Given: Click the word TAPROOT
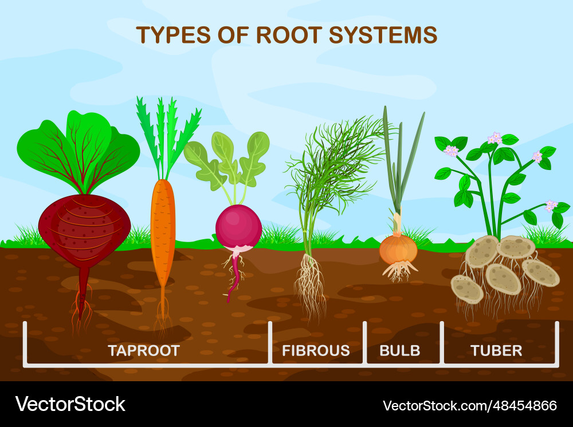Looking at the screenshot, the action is click(x=144, y=351).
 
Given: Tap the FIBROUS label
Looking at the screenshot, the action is click(x=316, y=351).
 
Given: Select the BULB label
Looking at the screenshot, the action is click(x=400, y=351).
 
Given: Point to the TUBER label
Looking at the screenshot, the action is click(x=496, y=351).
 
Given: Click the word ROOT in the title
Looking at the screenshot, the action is click(x=289, y=35).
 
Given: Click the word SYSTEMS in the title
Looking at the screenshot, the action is click(x=383, y=35).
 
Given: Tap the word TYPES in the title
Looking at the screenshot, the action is click(x=174, y=35).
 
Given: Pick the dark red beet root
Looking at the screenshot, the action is click(x=84, y=234).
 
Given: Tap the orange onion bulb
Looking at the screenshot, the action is click(x=398, y=249).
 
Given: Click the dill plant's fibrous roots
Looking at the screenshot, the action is click(x=310, y=287).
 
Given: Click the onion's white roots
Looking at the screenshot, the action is click(x=399, y=271).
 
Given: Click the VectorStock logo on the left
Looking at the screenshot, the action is click(x=70, y=404).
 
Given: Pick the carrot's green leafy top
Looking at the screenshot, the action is click(x=168, y=137).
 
